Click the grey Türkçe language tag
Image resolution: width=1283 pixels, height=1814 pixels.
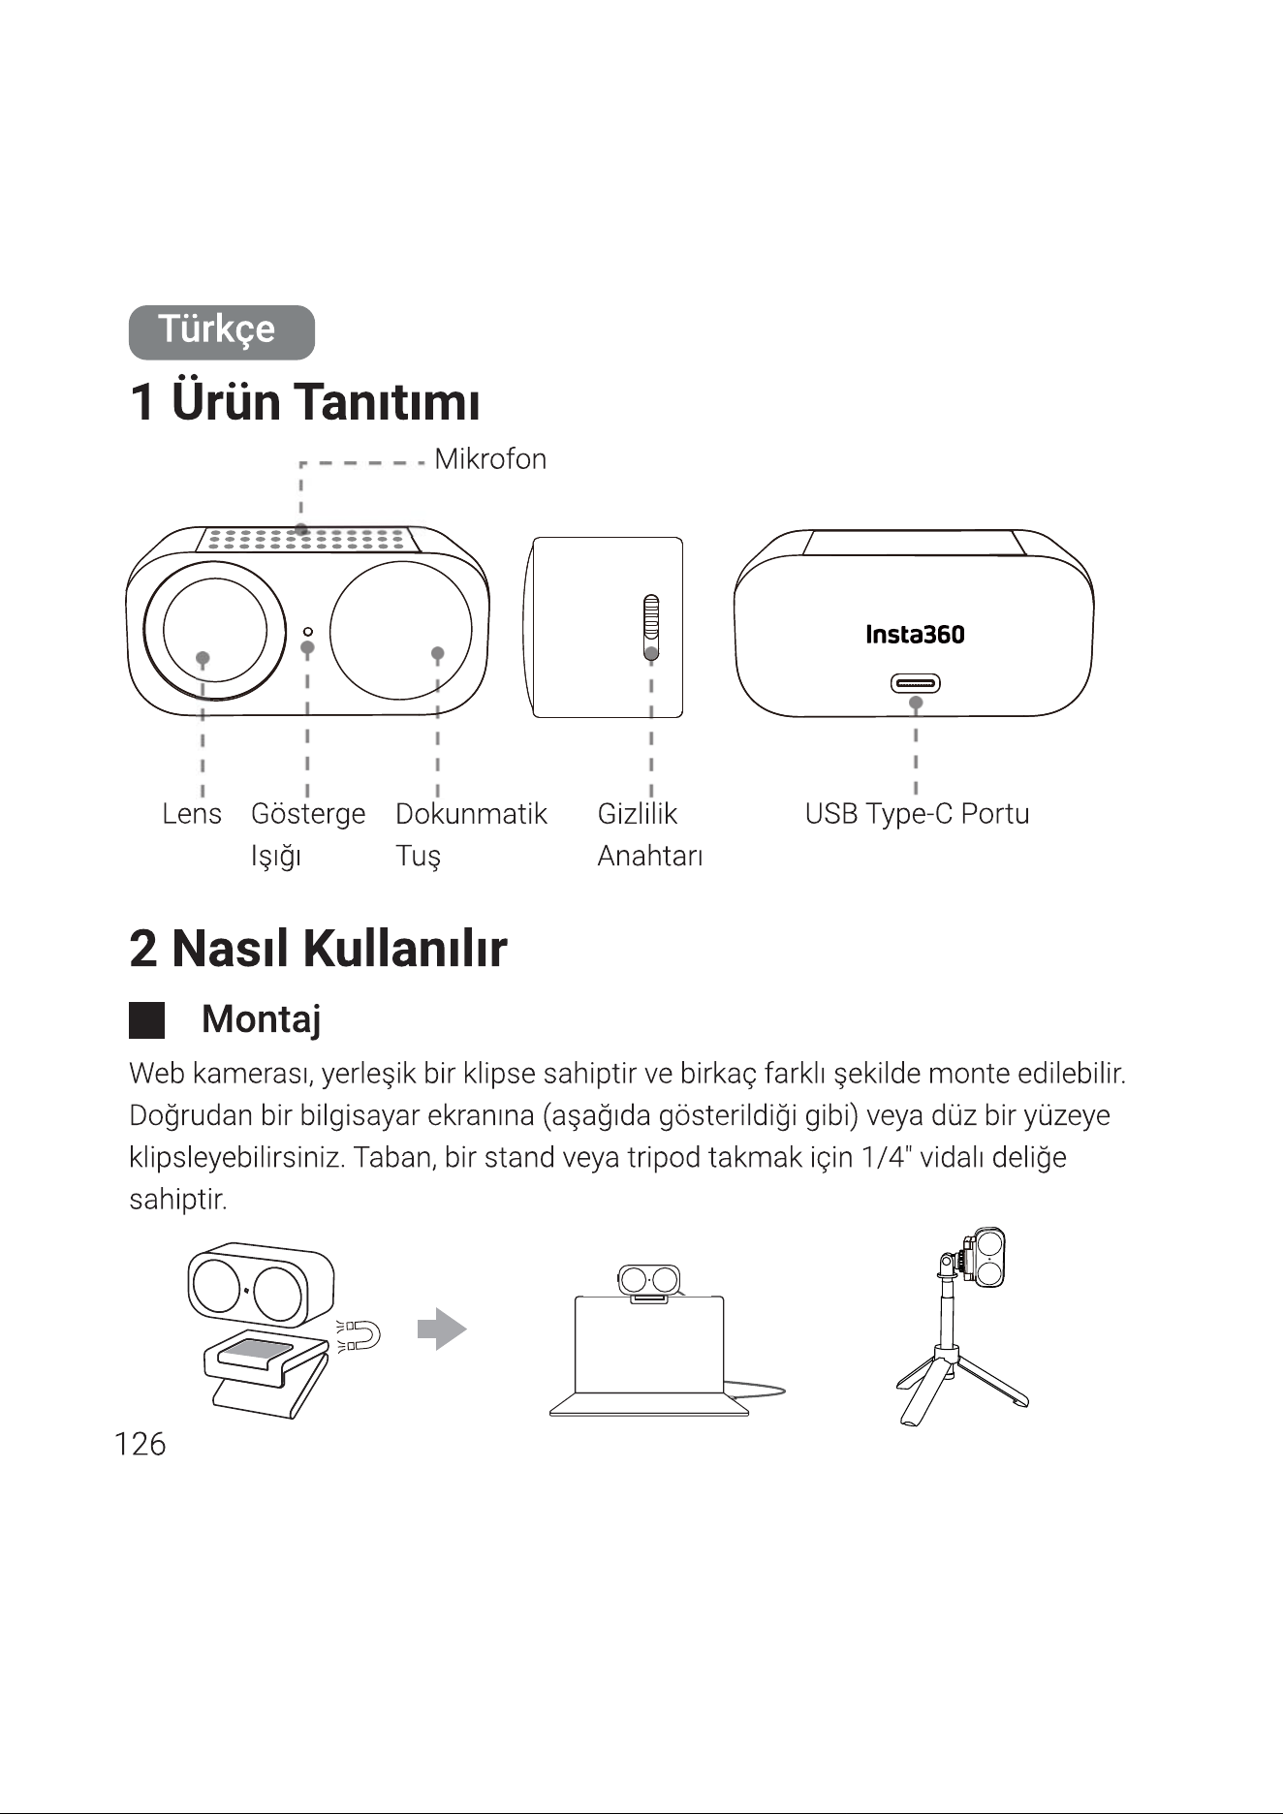(x=222, y=332)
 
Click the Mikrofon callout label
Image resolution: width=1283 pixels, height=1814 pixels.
(x=490, y=459)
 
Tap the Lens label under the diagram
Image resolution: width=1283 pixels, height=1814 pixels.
(x=192, y=814)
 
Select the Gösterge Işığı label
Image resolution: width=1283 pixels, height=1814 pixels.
(x=308, y=834)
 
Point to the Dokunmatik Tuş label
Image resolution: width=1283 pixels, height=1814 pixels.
(x=471, y=834)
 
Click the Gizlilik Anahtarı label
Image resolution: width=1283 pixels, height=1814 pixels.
(x=650, y=834)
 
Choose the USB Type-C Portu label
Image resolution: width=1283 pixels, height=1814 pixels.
(x=917, y=814)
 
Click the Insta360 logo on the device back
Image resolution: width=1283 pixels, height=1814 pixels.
(x=915, y=635)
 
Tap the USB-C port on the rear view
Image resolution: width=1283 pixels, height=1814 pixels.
(x=915, y=684)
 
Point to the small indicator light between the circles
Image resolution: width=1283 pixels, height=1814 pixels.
(x=307, y=632)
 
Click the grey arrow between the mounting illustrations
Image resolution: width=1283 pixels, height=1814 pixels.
(x=442, y=1329)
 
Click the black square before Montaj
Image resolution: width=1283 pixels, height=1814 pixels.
(x=146, y=1020)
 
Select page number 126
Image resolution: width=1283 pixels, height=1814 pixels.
(x=140, y=1444)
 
